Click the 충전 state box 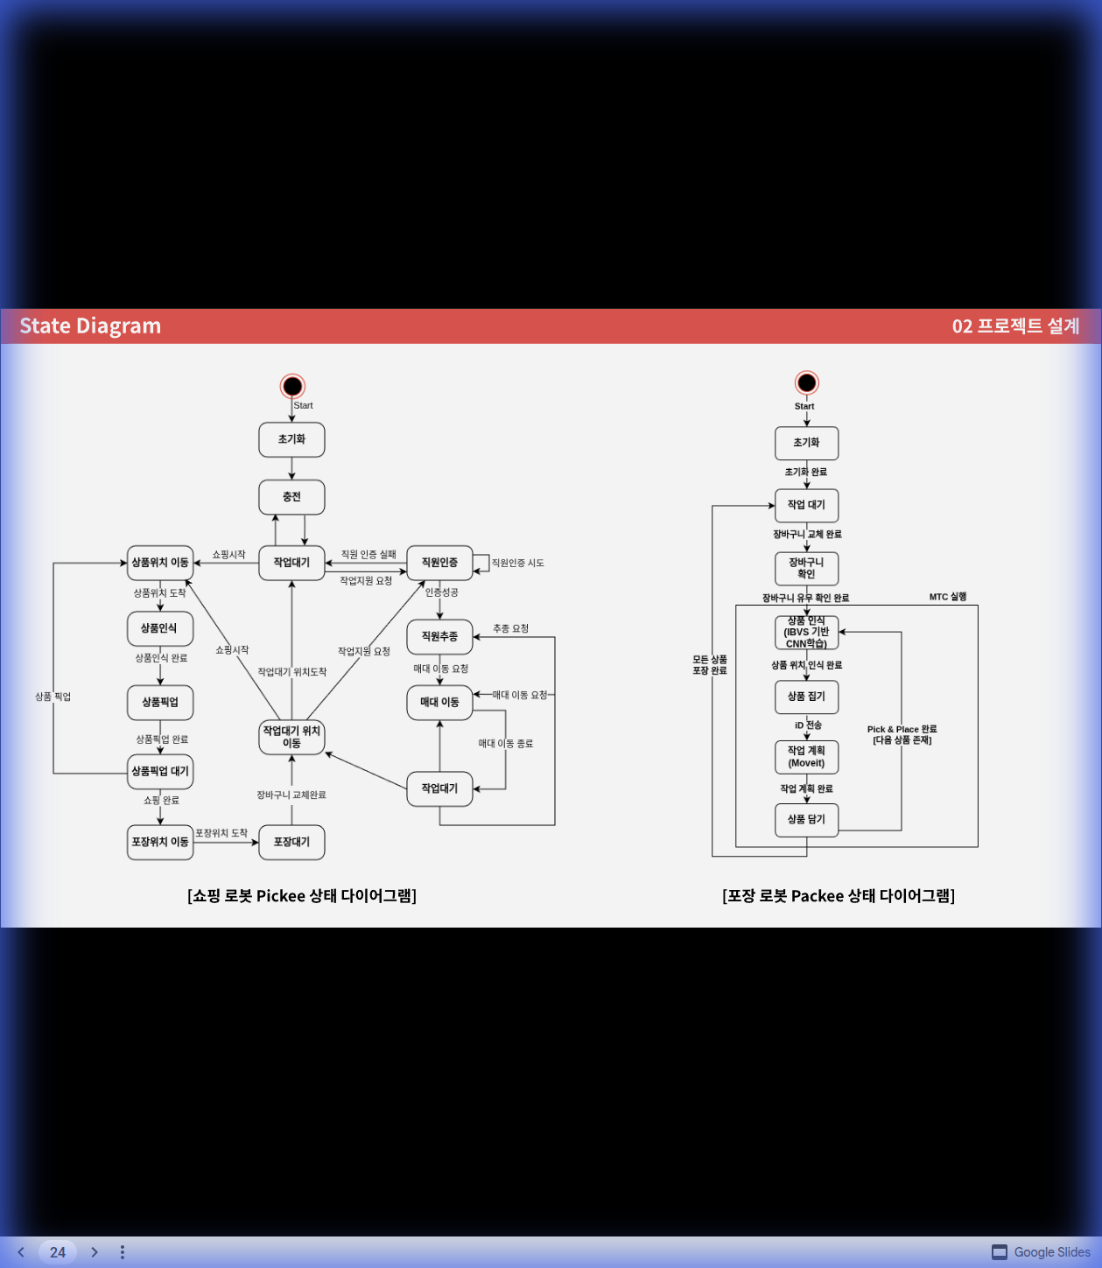pos(291,497)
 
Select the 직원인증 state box pos(439,563)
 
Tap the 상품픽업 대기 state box pos(160,771)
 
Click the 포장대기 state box pos(291,842)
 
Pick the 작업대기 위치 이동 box pos(291,737)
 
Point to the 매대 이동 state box pos(439,702)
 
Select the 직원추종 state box pos(439,636)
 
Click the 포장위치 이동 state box pos(160,842)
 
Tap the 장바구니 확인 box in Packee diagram pos(806,568)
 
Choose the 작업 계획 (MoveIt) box pos(806,757)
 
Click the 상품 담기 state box pos(806,820)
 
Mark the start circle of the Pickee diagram pos(292,386)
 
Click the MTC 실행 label pos(948,597)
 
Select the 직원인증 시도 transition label pos(517,563)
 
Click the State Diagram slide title pos(90,326)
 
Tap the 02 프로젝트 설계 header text pos(1015,326)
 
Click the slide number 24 pos(58,1252)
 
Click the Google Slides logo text pos(1051,1252)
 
